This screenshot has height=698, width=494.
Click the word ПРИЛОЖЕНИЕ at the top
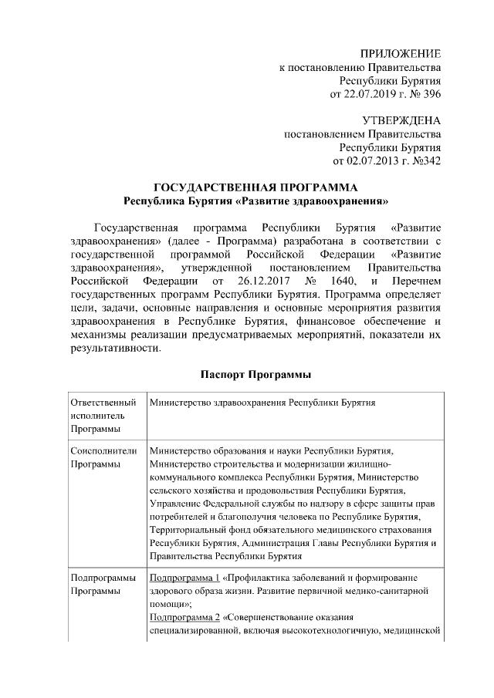[x=401, y=54]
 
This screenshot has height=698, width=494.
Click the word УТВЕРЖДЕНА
[x=401, y=121]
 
